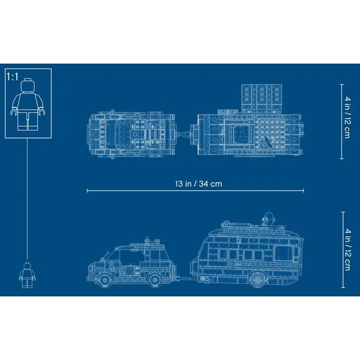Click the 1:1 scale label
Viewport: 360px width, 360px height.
point(13,77)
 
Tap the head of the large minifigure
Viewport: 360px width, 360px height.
point(28,85)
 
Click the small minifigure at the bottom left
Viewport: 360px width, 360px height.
point(28,275)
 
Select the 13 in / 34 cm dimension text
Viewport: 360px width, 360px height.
point(199,184)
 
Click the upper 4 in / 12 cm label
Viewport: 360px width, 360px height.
point(347,118)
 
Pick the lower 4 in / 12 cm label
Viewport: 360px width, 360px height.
point(347,250)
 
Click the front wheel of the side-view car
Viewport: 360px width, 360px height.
point(104,280)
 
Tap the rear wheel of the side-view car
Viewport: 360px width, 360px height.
point(155,280)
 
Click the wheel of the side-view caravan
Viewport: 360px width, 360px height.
point(257,280)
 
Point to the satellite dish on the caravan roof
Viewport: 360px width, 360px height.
point(268,218)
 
